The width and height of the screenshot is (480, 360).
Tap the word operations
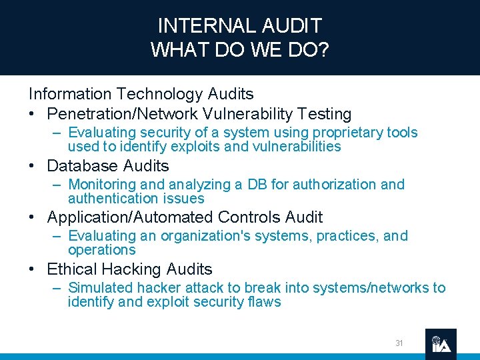click(101, 250)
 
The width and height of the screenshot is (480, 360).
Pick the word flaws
click(264, 302)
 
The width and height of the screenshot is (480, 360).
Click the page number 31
click(399, 343)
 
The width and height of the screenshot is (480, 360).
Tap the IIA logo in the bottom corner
click(441, 344)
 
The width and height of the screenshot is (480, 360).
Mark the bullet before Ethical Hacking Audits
click(33, 269)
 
